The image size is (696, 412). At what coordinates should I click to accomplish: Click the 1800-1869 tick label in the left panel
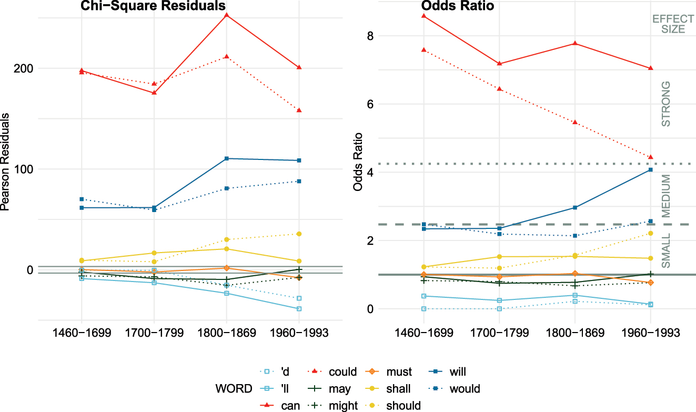point(226,334)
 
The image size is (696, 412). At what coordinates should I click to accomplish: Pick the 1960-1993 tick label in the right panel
point(650,334)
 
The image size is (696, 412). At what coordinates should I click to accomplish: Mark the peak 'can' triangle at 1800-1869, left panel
point(227,15)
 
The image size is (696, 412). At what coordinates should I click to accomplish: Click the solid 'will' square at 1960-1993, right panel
point(651,169)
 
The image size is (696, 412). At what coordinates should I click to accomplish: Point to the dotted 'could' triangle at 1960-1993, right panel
point(651,157)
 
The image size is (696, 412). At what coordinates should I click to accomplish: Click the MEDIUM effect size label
point(665,196)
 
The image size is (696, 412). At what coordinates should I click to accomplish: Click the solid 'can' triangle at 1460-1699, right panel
point(423,16)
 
